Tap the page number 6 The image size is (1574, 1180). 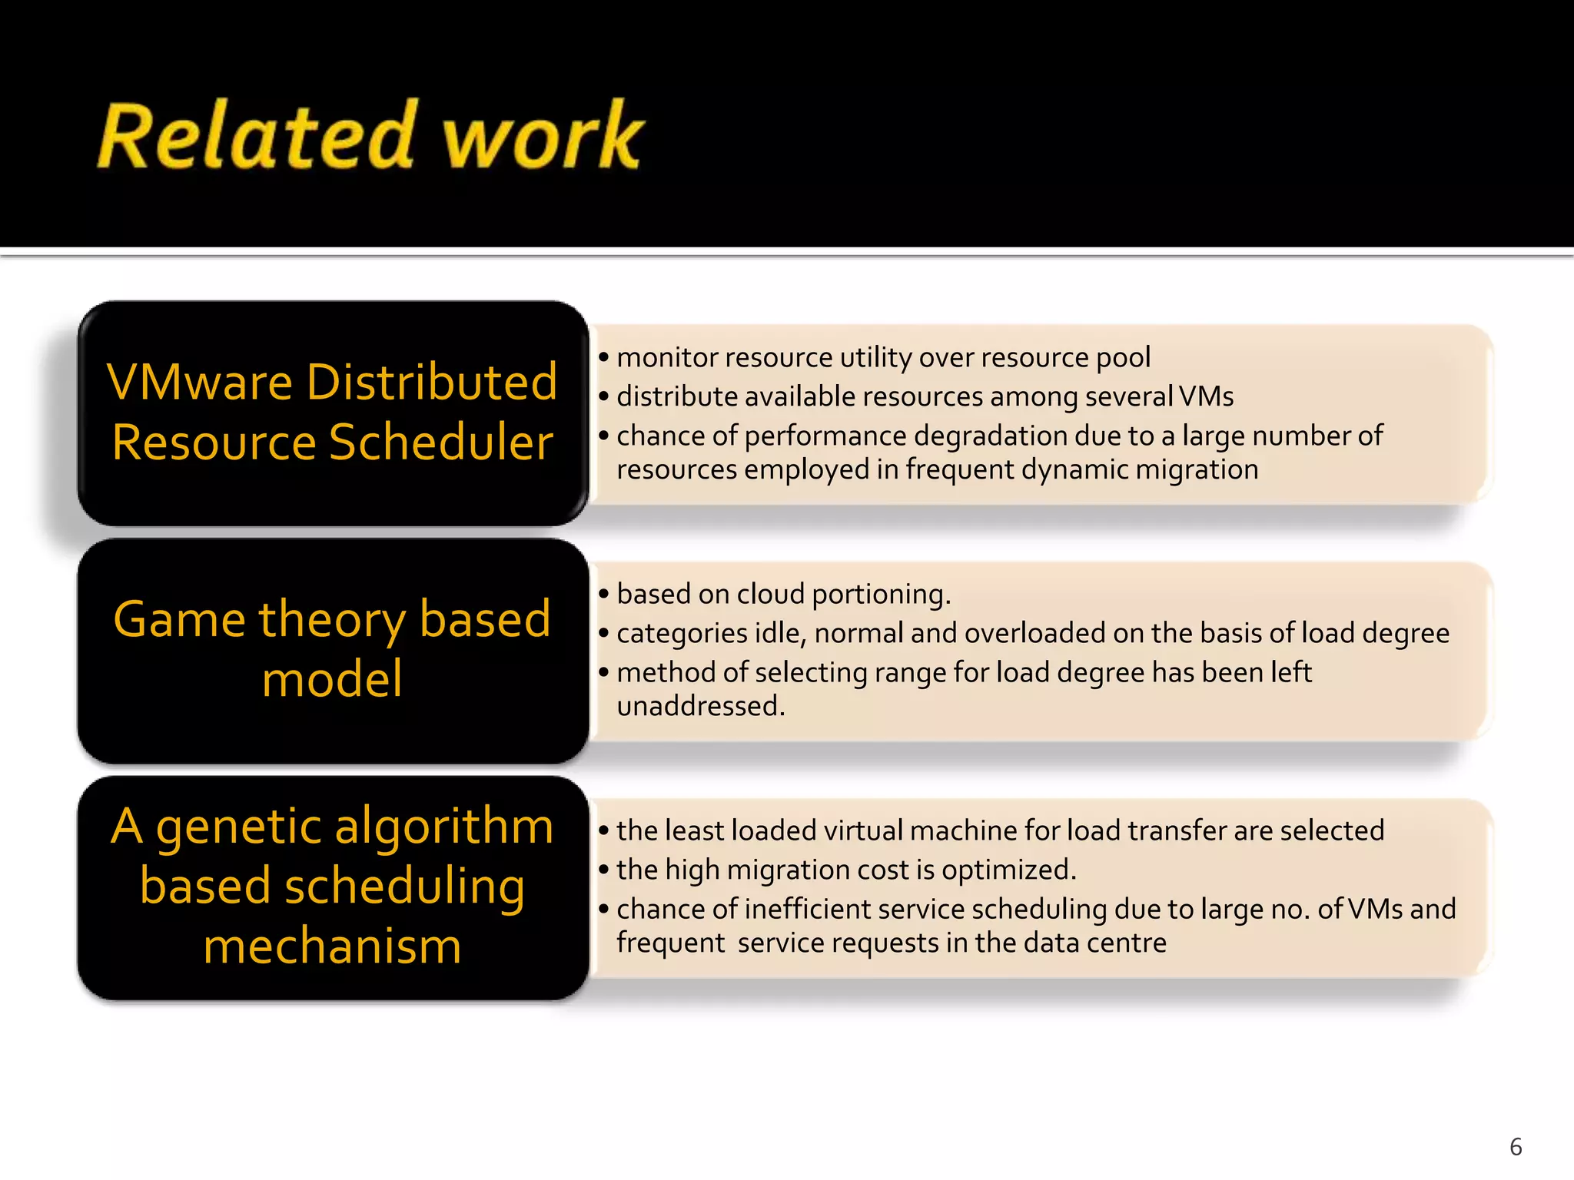point(1516,1147)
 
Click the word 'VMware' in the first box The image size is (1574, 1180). point(201,382)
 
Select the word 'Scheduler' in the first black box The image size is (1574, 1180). point(441,442)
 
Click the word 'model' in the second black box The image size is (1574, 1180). point(332,679)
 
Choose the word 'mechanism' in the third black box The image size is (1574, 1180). point(332,946)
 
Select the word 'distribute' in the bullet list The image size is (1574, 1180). point(676,397)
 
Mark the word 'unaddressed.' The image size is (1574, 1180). point(701,706)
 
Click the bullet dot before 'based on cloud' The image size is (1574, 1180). point(604,594)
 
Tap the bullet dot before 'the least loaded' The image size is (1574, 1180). point(604,830)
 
